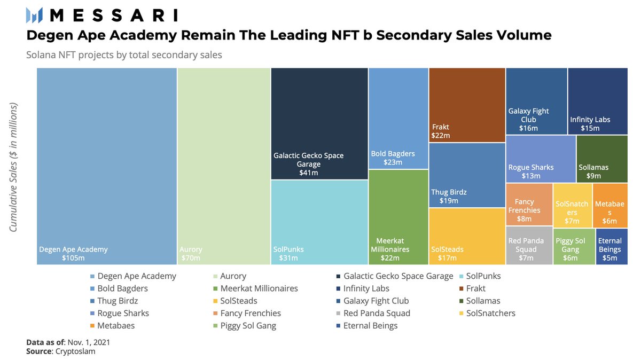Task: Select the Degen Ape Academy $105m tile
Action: (107, 166)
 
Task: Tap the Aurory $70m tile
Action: (224, 166)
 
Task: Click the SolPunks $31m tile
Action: (319, 222)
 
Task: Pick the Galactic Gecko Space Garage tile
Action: (319, 124)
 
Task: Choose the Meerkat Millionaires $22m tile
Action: (398, 216)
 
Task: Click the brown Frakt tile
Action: (467, 105)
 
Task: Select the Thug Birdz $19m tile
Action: (467, 175)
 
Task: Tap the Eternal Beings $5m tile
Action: (612, 246)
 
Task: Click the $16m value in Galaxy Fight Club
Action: (528, 128)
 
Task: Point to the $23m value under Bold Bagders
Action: (393, 162)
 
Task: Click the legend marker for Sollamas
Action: (460, 301)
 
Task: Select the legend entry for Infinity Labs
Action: (369, 288)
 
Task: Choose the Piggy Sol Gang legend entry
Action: (247, 325)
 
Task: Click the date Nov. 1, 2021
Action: (88, 342)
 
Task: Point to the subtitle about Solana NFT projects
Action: (124, 54)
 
